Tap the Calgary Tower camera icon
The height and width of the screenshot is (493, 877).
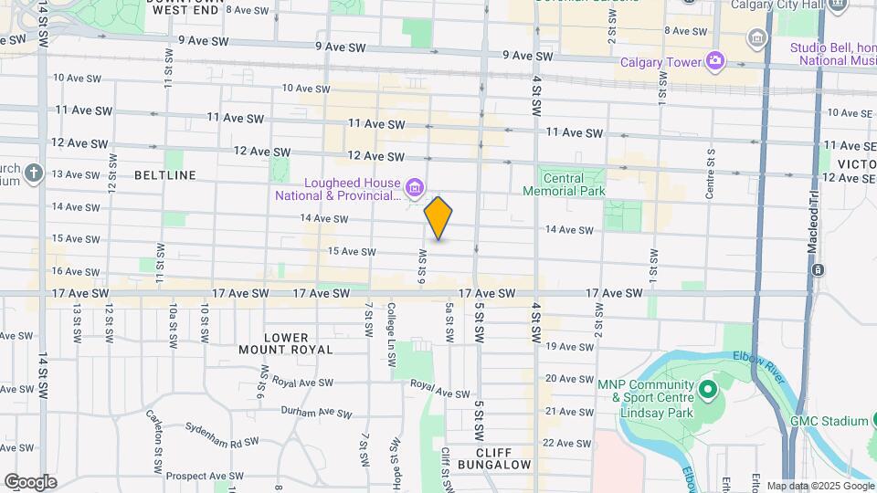click(x=715, y=62)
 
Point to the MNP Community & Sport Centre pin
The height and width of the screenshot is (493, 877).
click(x=707, y=391)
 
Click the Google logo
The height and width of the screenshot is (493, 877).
click(x=30, y=481)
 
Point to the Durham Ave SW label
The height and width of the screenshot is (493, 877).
click(x=316, y=413)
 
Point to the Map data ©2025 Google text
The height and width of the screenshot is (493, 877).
click(x=819, y=486)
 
